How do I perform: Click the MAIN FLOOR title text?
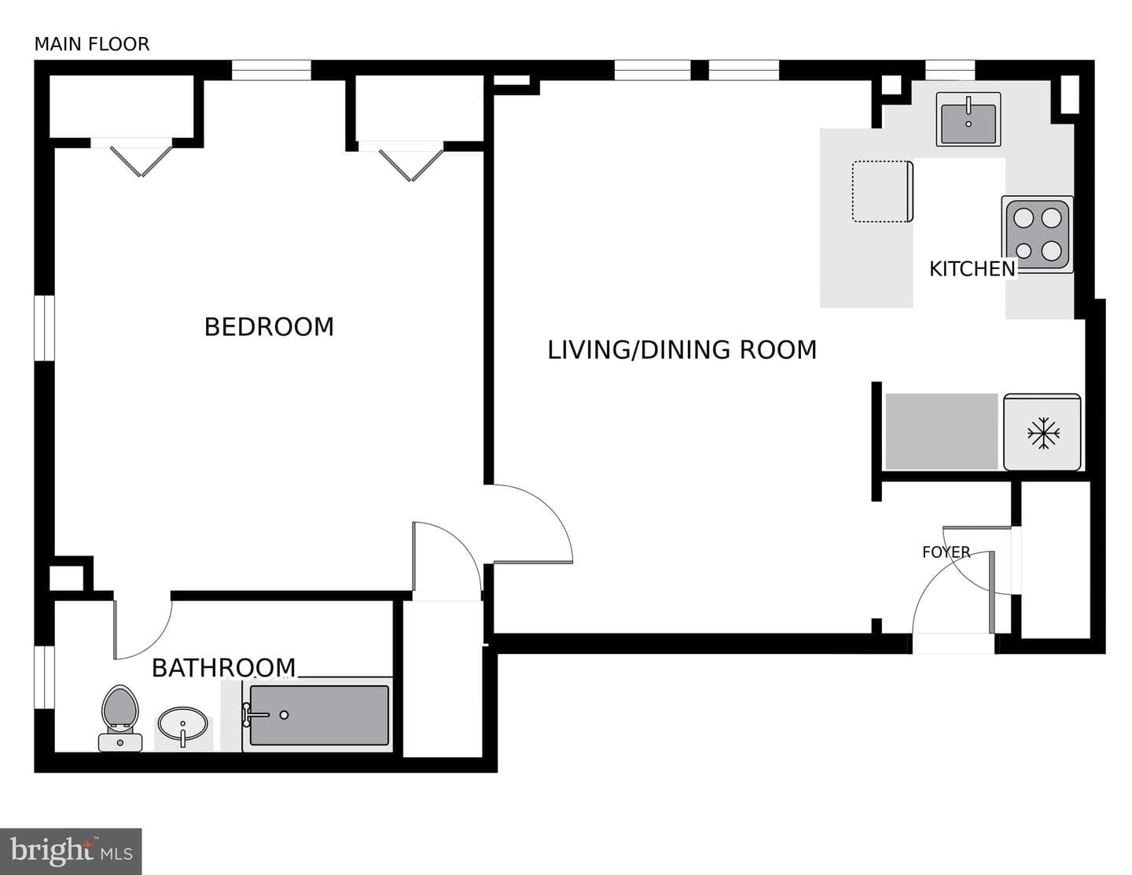[92, 44]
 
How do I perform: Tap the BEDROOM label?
[269, 327]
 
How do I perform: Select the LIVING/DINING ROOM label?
[682, 349]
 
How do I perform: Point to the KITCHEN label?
[972, 269]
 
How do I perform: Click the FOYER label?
[946, 552]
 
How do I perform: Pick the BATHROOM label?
[223, 668]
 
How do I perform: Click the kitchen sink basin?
[968, 120]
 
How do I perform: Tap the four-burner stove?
[1037, 234]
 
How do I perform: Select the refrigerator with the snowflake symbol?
[1042, 432]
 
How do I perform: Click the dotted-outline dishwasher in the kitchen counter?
[883, 191]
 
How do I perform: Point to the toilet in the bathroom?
[120, 718]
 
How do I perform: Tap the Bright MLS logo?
[71, 851]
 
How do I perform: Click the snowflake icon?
[1043, 433]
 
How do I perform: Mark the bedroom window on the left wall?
[44, 328]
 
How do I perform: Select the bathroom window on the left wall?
[44, 677]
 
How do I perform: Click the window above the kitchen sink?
[950, 70]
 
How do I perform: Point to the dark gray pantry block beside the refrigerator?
[941, 432]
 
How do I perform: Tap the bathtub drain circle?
[284, 715]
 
